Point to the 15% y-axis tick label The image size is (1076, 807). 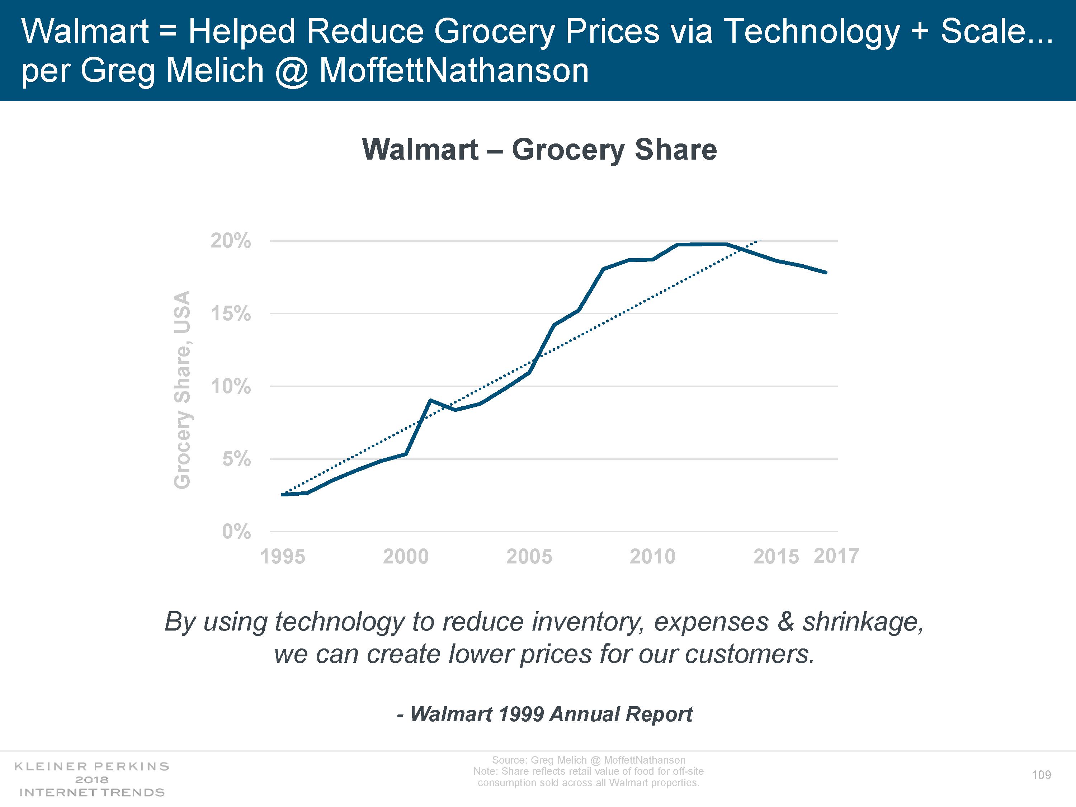231,314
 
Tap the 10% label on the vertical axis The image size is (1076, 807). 231,387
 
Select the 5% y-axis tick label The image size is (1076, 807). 236,459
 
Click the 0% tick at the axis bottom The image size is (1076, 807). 236,532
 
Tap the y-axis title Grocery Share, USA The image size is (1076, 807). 183,390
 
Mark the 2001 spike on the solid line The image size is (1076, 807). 430,400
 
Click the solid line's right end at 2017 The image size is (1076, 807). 826,272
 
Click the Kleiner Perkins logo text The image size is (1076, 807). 92,766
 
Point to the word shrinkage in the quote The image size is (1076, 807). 863,622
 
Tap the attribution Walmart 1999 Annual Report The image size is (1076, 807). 545,714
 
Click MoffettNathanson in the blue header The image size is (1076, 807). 454,71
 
